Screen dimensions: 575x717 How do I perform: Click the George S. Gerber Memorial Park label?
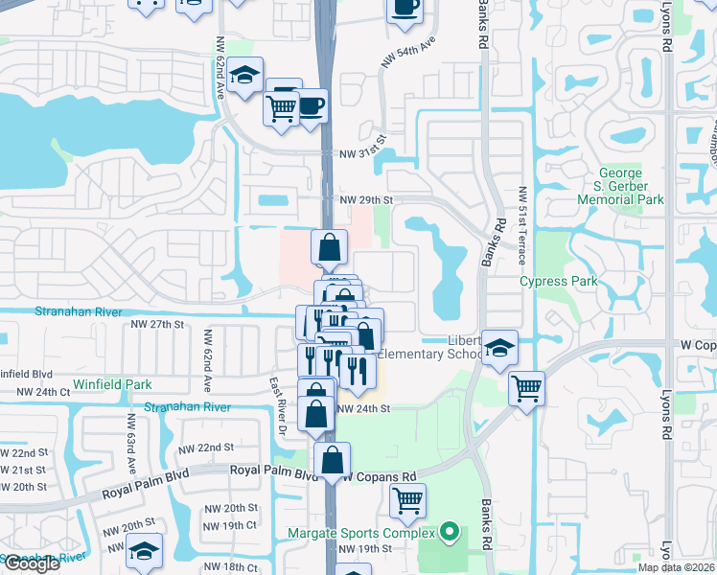click(x=620, y=186)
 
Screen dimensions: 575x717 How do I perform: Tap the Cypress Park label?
click(x=558, y=281)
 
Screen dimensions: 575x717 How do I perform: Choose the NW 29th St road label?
click(x=367, y=199)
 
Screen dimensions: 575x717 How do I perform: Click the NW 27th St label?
click(x=156, y=325)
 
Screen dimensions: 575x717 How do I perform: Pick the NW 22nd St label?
click(x=207, y=448)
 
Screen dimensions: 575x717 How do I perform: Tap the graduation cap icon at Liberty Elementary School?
click(x=498, y=348)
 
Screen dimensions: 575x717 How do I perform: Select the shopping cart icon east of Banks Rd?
click(x=526, y=388)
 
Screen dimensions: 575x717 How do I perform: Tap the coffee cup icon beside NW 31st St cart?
click(x=311, y=103)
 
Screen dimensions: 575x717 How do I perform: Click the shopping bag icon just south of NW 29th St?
click(x=329, y=247)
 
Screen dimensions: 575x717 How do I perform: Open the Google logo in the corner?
click(x=32, y=563)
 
